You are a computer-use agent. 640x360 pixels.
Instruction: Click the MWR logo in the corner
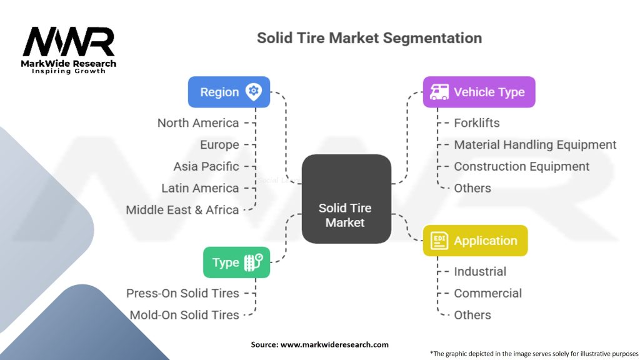pos(69,47)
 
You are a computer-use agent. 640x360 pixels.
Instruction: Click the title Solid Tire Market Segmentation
pos(369,37)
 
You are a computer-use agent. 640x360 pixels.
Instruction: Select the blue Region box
pos(229,92)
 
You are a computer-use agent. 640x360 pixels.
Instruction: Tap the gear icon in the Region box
pos(253,92)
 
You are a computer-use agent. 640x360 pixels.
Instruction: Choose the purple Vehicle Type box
pos(479,92)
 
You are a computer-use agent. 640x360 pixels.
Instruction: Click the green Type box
pos(236,262)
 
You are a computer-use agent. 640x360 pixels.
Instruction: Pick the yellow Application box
pos(475,241)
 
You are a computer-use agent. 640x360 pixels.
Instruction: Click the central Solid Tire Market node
pos(346,199)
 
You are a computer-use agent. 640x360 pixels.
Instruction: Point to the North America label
pos(198,123)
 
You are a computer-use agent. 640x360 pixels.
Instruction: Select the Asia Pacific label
pos(206,166)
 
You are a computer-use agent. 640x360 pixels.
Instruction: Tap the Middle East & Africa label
pos(182,210)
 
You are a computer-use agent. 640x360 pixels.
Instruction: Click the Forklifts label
pos(477,123)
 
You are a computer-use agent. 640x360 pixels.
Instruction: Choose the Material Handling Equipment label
pos(535,145)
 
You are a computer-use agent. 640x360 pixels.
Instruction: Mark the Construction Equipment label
pos(521,166)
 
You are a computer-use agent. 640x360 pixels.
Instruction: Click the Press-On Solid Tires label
pos(182,293)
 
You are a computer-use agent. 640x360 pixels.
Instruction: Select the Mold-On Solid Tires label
pos(184,315)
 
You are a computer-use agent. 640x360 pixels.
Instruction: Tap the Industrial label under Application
pos(480,271)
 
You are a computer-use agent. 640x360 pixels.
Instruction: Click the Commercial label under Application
pos(487,293)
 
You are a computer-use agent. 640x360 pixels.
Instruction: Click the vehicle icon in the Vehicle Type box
pos(438,92)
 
